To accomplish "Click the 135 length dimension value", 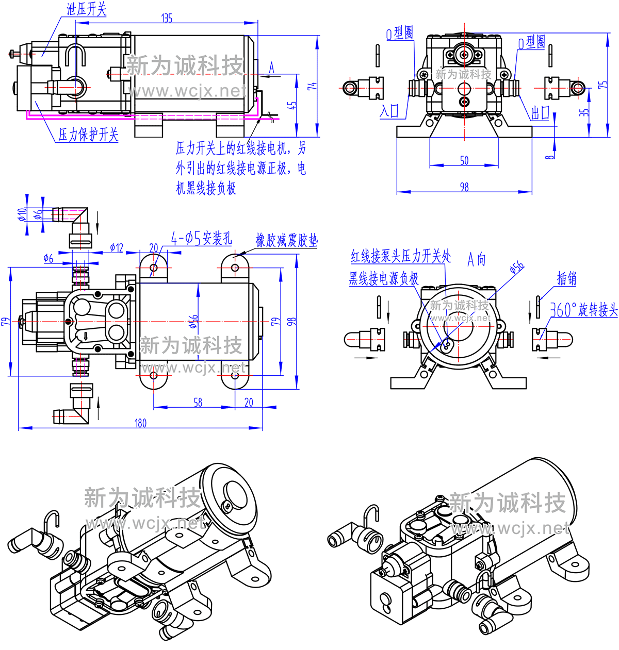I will [x=167, y=18].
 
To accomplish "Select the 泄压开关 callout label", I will [x=87, y=9].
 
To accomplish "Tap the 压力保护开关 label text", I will [x=88, y=135].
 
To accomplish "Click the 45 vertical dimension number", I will [x=292, y=105].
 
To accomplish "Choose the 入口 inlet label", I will [x=389, y=111].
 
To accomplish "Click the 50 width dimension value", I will [x=464, y=160].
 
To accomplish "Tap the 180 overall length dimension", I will [x=140, y=423].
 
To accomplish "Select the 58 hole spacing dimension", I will [x=198, y=402].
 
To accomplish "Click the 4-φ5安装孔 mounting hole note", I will [x=202, y=238].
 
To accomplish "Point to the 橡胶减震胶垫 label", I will [x=287, y=240].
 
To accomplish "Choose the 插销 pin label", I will [x=566, y=279].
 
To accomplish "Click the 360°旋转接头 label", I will [x=583, y=310].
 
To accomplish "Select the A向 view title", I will [x=477, y=259].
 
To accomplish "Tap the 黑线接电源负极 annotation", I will [x=384, y=279].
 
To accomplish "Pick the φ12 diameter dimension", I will [x=117, y=248].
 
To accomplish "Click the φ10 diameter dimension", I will [x=22, y=214].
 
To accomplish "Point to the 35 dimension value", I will [x=583, y=111].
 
